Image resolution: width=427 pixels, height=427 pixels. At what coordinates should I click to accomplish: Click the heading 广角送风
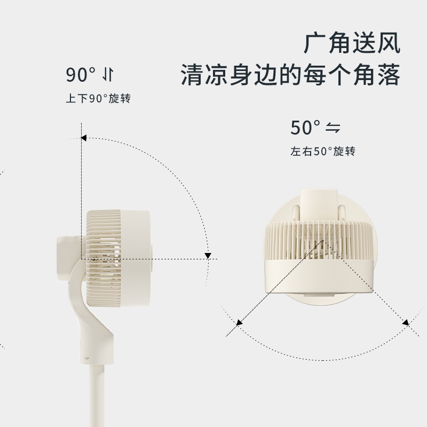(x=352, y=43)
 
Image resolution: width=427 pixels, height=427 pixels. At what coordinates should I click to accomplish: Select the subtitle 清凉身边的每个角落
(x=290, y=74)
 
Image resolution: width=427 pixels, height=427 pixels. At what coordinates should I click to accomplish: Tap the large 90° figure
(x=81, y=75)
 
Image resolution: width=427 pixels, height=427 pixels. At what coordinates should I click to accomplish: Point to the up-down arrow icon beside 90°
(x=108, y=75)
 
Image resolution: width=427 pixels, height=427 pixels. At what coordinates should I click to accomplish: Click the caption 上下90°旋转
(x=98, y=98)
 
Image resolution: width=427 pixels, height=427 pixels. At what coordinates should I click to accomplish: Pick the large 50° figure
(x=305, y=128)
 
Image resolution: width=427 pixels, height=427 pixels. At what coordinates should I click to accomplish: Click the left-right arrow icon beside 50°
(x=333, y=128)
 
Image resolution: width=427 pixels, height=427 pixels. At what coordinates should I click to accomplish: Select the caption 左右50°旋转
(x=323, y=151)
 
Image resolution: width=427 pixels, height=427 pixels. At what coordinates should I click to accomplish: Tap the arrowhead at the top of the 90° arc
(x=84, y=138)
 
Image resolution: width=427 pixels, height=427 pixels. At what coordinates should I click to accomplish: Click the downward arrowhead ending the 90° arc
(x=208, y=256)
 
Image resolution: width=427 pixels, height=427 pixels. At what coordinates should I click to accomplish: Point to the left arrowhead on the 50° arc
(x=239, y=323)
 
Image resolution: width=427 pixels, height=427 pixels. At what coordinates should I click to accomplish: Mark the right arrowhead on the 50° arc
(x=406, y=323)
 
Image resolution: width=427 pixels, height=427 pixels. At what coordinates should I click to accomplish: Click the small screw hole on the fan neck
(x=86, y=358)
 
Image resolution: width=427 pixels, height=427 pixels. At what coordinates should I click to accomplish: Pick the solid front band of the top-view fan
(x=319, y=276)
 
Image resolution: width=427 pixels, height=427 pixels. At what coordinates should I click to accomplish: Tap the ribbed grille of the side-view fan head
(x=104, y=258)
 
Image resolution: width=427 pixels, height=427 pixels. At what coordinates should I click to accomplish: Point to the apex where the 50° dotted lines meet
(x=323, y=240)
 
